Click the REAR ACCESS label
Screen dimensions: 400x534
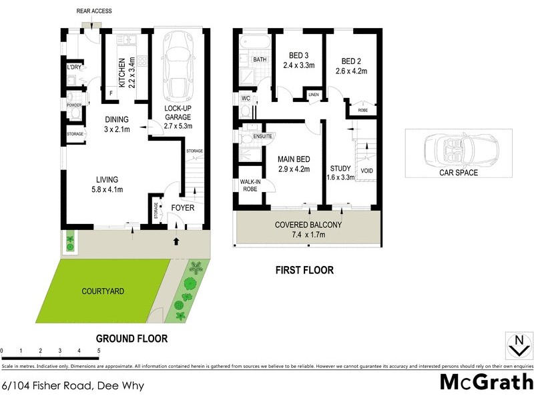[x=93, y=11]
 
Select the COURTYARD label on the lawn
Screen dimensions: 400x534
[x=103, y=291]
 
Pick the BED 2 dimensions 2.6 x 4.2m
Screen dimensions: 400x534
[x=351, y=71]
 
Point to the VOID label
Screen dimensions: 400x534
[x=367, y=171]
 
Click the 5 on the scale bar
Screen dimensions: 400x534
[x=99, y=350]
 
